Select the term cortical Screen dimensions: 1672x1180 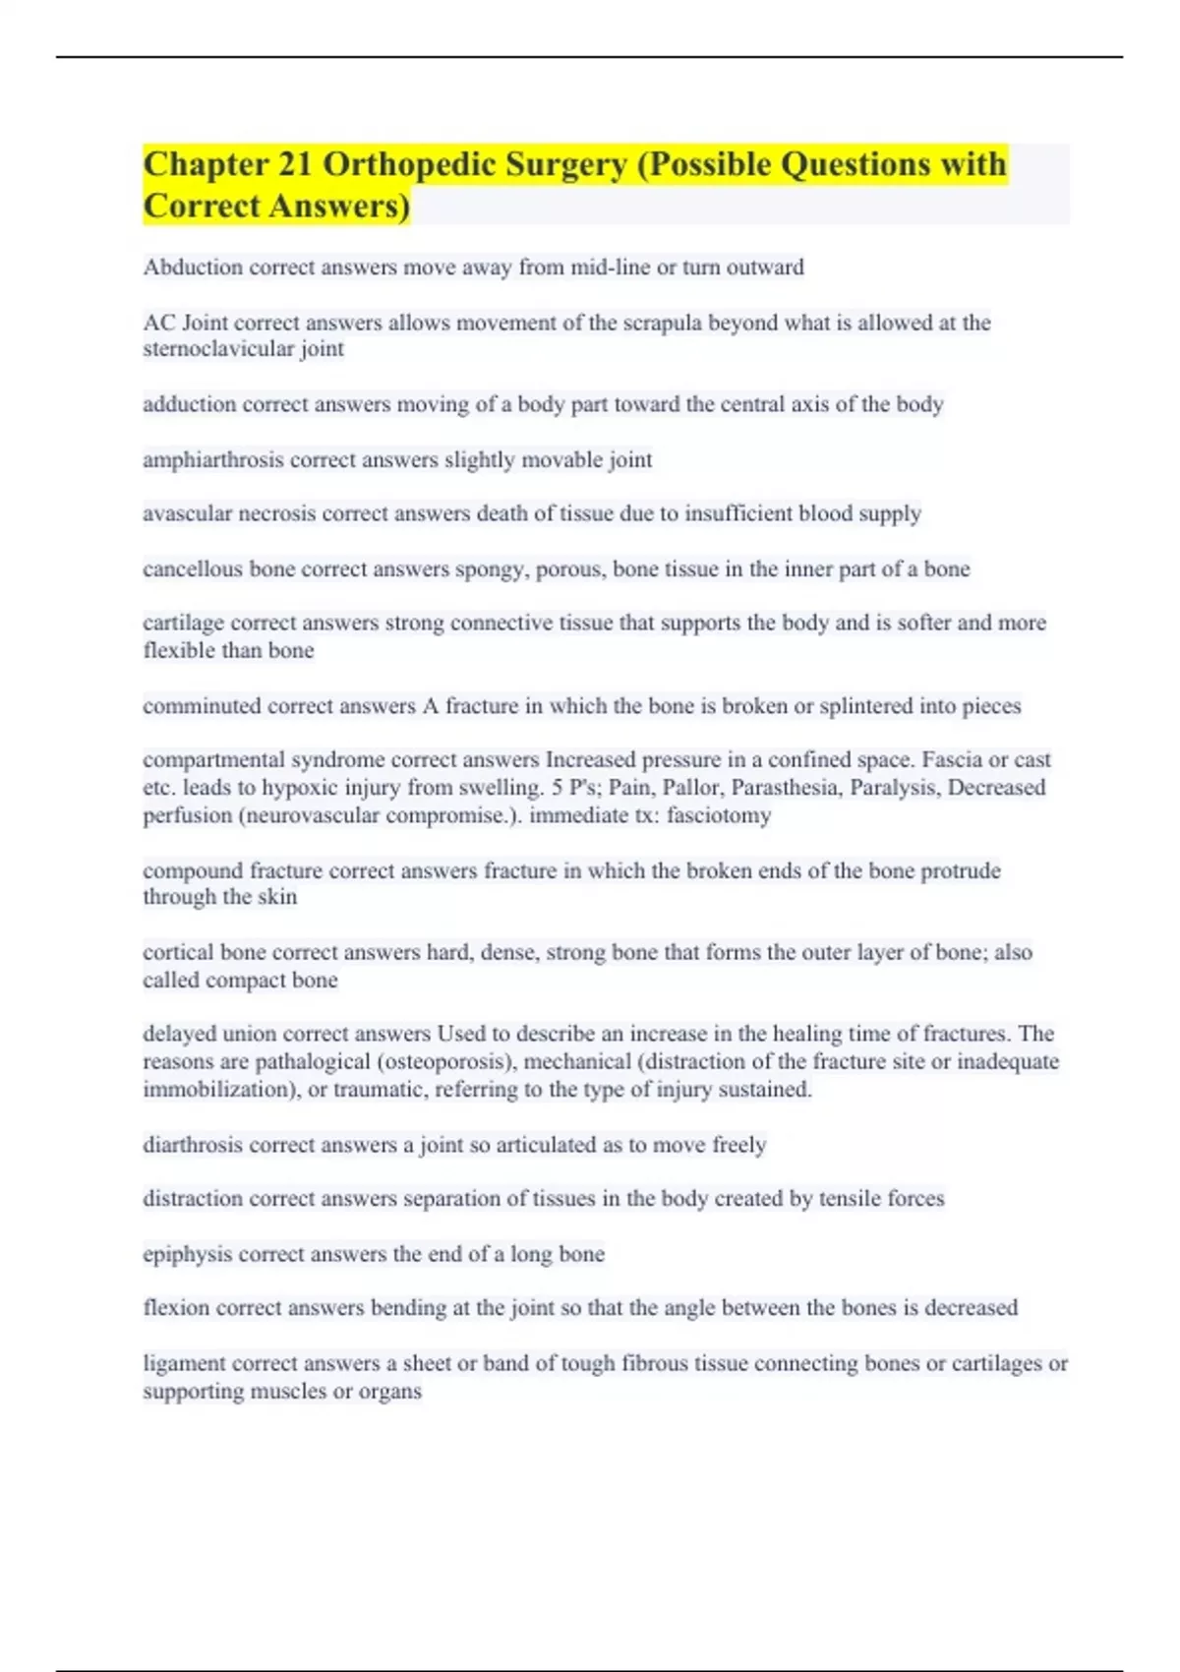click(x=178, y=952)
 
